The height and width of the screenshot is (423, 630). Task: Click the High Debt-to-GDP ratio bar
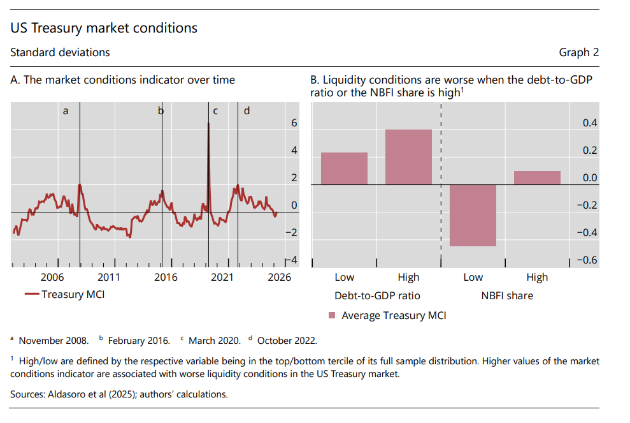click(408, 157)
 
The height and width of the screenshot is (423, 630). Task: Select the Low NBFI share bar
click(473, 215)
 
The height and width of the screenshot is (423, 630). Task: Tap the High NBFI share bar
click(537, 178)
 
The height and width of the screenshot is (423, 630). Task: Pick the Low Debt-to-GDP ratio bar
click(345, 168)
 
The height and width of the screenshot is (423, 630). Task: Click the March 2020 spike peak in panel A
click(208, 123)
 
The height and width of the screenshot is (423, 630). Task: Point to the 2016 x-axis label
click(166, 278)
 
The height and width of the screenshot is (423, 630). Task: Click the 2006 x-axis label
click(52, 278)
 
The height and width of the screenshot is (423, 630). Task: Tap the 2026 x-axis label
click(279, 278)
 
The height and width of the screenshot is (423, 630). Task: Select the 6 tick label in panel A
click(294, 122)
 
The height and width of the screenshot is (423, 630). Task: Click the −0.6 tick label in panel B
click(587, 260)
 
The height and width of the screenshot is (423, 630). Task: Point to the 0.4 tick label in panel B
click(590, 122)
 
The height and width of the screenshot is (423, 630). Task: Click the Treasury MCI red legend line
click(32, 294)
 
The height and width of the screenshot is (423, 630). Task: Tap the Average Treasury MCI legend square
click(332, 315)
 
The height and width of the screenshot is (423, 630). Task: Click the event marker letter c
click(215, 111)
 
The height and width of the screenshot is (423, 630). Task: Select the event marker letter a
click(66, 111)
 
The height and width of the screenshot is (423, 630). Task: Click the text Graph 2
click(578, 53)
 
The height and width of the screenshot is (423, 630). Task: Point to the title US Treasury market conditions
click(104, 28)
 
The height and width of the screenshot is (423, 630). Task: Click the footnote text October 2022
click(287, 341)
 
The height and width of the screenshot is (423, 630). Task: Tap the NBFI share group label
click(507, 296)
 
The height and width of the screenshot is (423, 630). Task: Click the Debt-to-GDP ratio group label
click(377, 296)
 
